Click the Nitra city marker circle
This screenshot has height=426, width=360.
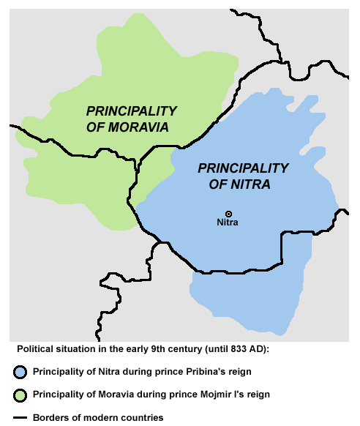228,214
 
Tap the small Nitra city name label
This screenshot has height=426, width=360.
228,223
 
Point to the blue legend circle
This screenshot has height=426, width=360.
23,371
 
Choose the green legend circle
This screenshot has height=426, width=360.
23,395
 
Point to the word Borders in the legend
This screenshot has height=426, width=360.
50,417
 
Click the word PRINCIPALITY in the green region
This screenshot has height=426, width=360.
132,111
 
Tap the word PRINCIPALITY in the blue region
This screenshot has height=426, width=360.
244,168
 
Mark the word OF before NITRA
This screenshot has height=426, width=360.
219,184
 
